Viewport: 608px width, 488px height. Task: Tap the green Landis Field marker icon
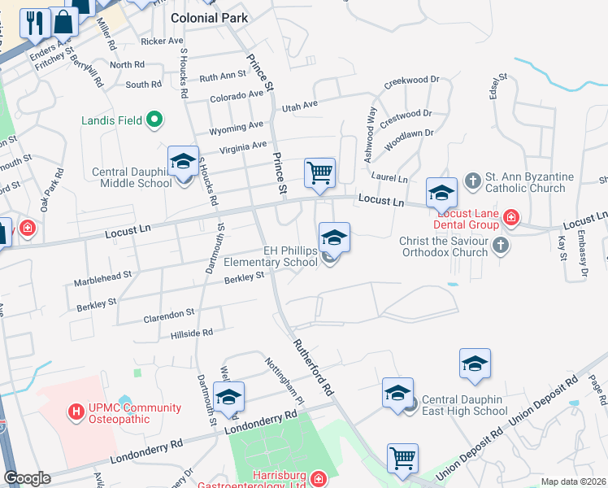tap(154, 121)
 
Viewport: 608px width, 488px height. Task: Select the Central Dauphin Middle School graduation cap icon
tap(183, 161)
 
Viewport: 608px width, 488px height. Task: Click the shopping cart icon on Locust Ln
tap(319, 172)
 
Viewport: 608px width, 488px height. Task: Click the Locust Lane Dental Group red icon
tap(510, 217)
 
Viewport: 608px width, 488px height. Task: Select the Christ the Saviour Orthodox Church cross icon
tap(501, 245)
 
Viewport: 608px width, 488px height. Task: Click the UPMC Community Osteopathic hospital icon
tap(77, 412)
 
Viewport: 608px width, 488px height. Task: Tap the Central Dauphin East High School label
tap(466, 412)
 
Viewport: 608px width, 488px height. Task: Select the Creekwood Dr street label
tap(411, 81)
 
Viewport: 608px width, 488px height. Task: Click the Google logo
tap(27, 478)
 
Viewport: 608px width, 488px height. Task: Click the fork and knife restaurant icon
tap(34, 23)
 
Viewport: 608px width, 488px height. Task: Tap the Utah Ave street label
tap(299, 107)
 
